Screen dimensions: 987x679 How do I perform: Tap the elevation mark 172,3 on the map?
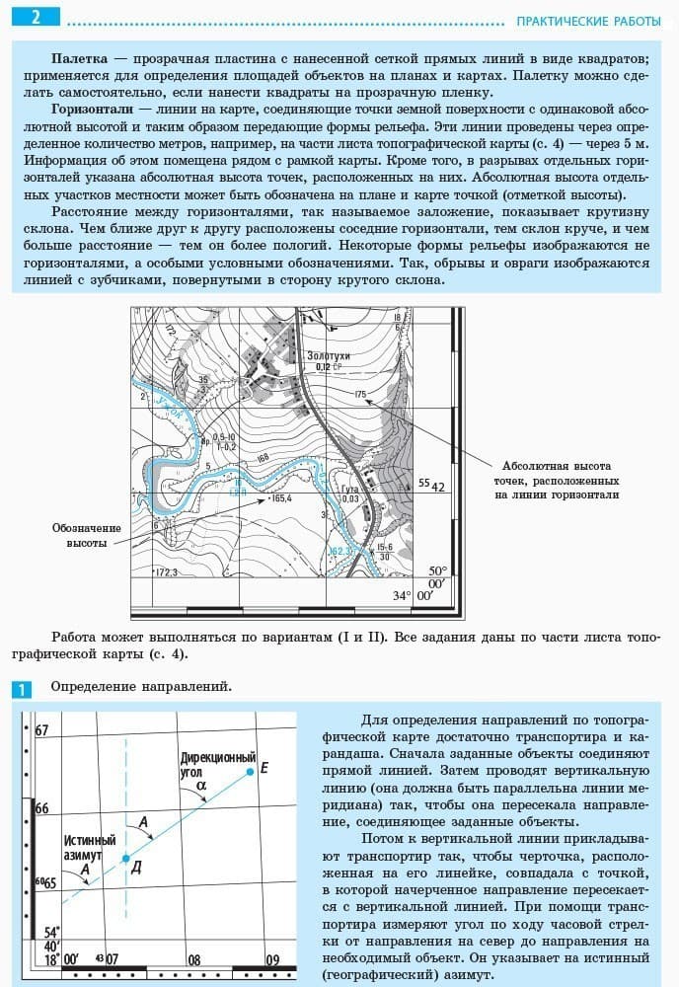[166, 571]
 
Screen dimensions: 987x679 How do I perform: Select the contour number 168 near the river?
[263, 458]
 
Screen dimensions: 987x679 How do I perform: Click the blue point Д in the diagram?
[125, 859]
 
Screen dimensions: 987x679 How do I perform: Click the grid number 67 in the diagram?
[41, 730]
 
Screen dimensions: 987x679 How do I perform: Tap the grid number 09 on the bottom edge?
[272, 959]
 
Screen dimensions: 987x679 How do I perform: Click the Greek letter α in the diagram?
[201, 786]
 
